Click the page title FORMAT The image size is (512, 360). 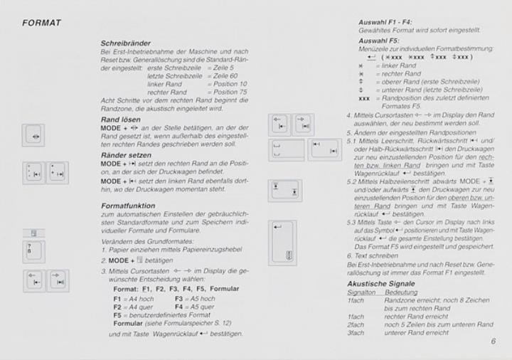(42, 23)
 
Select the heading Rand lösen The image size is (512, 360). (120, 120)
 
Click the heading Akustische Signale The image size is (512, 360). (381, 284)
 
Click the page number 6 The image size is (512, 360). (493, 341)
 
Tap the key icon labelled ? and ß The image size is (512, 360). (33, 253)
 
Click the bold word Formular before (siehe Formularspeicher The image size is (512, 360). (129, 322)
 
